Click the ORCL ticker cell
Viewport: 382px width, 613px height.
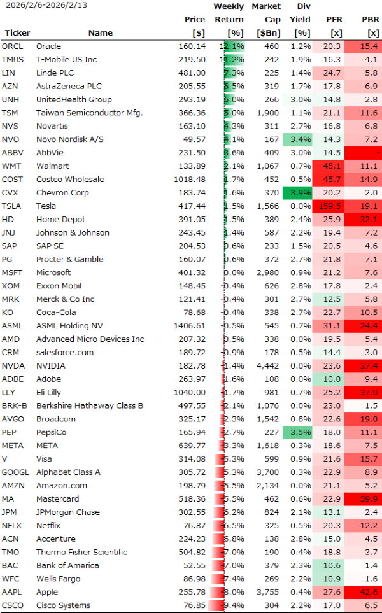tap(12, 46)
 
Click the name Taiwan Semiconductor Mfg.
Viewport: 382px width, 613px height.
tap(89, 113)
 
